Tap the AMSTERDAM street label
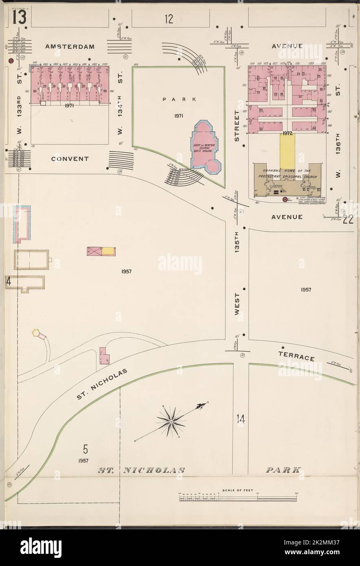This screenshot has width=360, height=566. tap(70, 46)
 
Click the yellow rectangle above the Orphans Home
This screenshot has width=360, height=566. tap(288, 149)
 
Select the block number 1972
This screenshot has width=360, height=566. tap(287, 133)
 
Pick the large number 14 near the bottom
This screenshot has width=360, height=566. tap(241, 418)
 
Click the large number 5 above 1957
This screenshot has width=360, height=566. tap(85, 450)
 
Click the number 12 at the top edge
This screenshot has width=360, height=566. tap(169, 18)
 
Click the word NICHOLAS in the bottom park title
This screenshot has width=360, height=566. tap(154, 470)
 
